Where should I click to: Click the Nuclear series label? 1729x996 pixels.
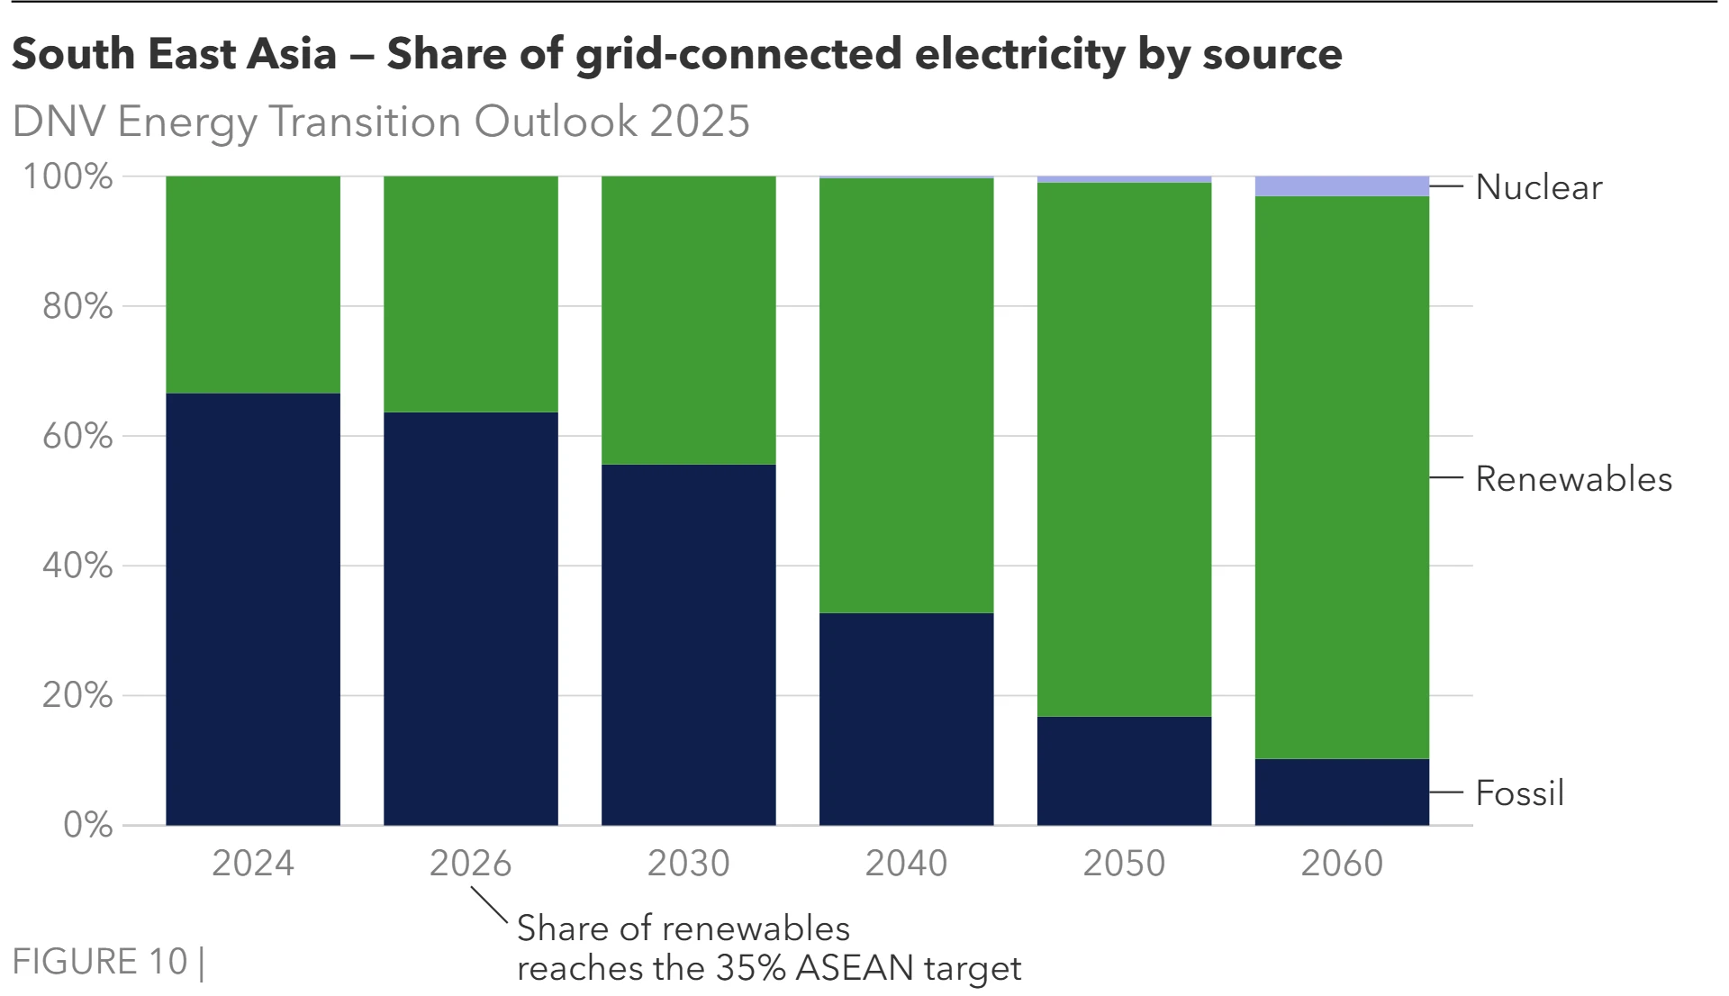point(1538,187)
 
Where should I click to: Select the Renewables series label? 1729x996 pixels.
point(1572,479)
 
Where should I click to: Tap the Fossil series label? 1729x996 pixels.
point(1519,793)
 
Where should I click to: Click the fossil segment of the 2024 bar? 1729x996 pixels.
point(253,609)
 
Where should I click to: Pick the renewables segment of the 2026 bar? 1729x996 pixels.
point(471,294)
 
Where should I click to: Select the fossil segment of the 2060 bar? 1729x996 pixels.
point(1342,792)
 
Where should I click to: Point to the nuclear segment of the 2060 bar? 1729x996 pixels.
point(1342,186)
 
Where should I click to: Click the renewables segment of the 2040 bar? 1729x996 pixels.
point(906,395)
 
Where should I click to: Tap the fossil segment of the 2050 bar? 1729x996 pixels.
point(1124,770)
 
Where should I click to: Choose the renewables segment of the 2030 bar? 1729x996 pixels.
point(689,320)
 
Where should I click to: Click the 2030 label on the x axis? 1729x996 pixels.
point(689,864)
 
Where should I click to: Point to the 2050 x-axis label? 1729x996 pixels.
point(1124,864)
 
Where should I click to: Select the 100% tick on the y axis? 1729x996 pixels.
point(68,177)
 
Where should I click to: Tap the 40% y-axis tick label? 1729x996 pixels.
point(77,566)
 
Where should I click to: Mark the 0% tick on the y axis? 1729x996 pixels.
point(87,825)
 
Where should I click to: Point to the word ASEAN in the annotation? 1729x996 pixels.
point(854,969)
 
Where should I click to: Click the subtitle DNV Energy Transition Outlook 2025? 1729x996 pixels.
point(381,122)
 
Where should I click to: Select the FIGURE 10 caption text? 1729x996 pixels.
point(100,962)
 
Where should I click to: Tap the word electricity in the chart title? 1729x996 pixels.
point(1018,54)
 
